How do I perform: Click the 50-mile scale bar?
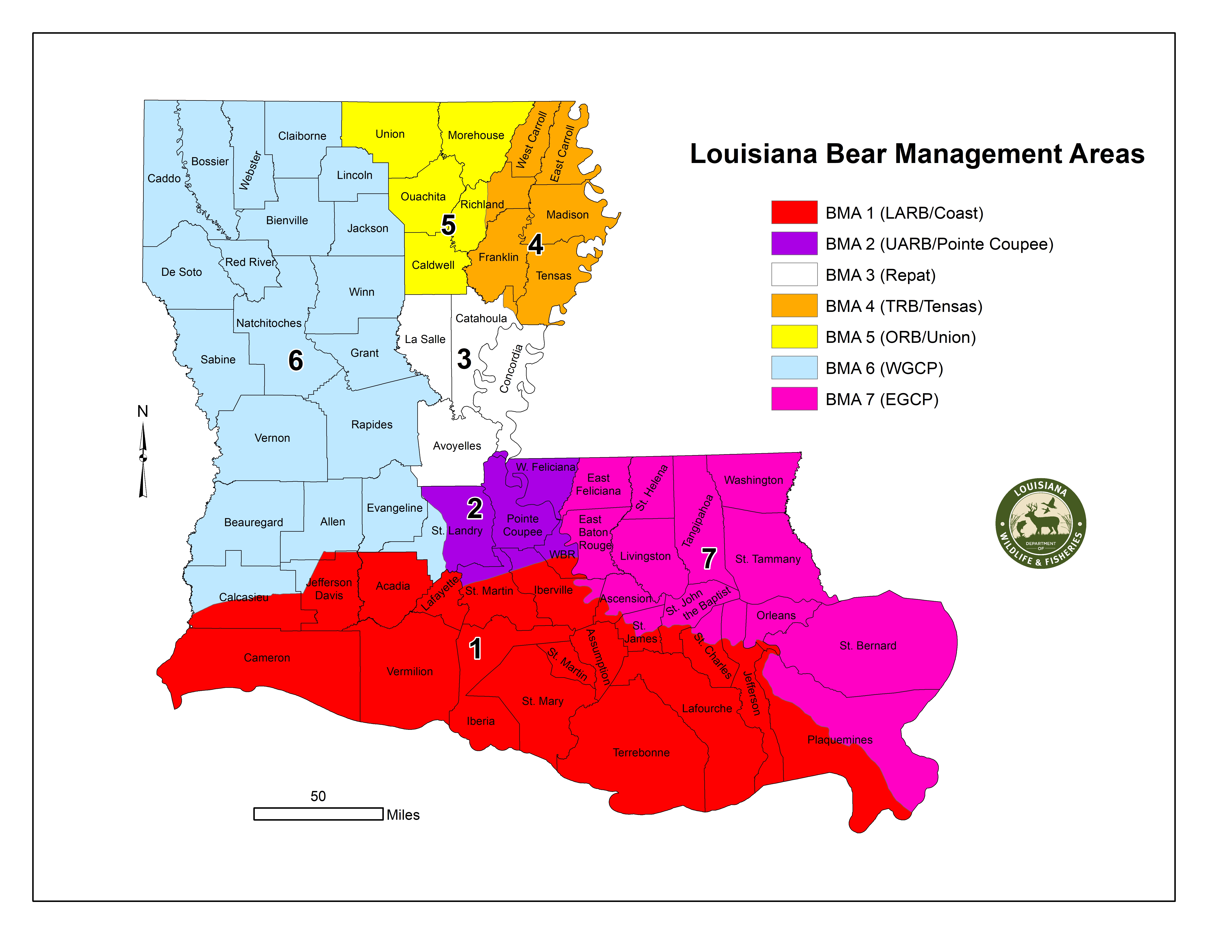[318, 813]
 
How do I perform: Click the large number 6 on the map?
[296, 360]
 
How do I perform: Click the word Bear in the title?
[856, 154]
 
